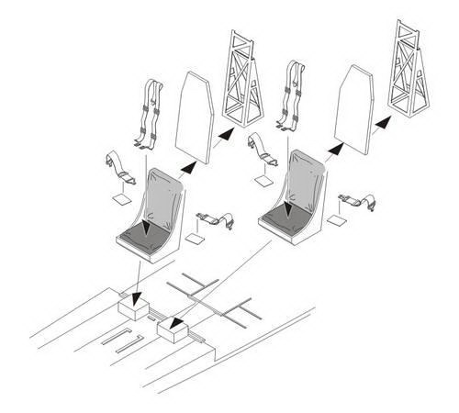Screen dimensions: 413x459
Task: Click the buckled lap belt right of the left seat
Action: click(214, 218)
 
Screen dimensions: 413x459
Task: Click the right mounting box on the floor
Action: click(173, 328)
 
